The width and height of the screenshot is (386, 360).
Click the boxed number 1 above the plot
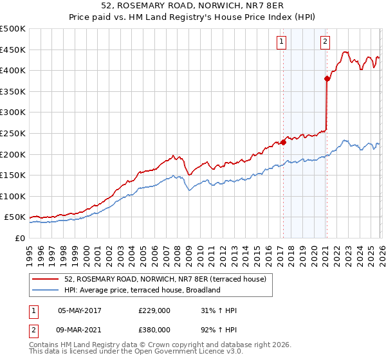click(x=282, y=42)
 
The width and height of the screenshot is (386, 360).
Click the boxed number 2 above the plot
click(x=325, y=42)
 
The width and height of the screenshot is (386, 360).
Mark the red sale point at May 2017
click(x=283, y=142)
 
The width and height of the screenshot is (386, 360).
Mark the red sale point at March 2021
click(x=327, y=79)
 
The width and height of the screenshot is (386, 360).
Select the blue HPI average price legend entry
click(x=142, y=290)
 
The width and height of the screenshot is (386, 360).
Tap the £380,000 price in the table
click(x=154, y=329)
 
